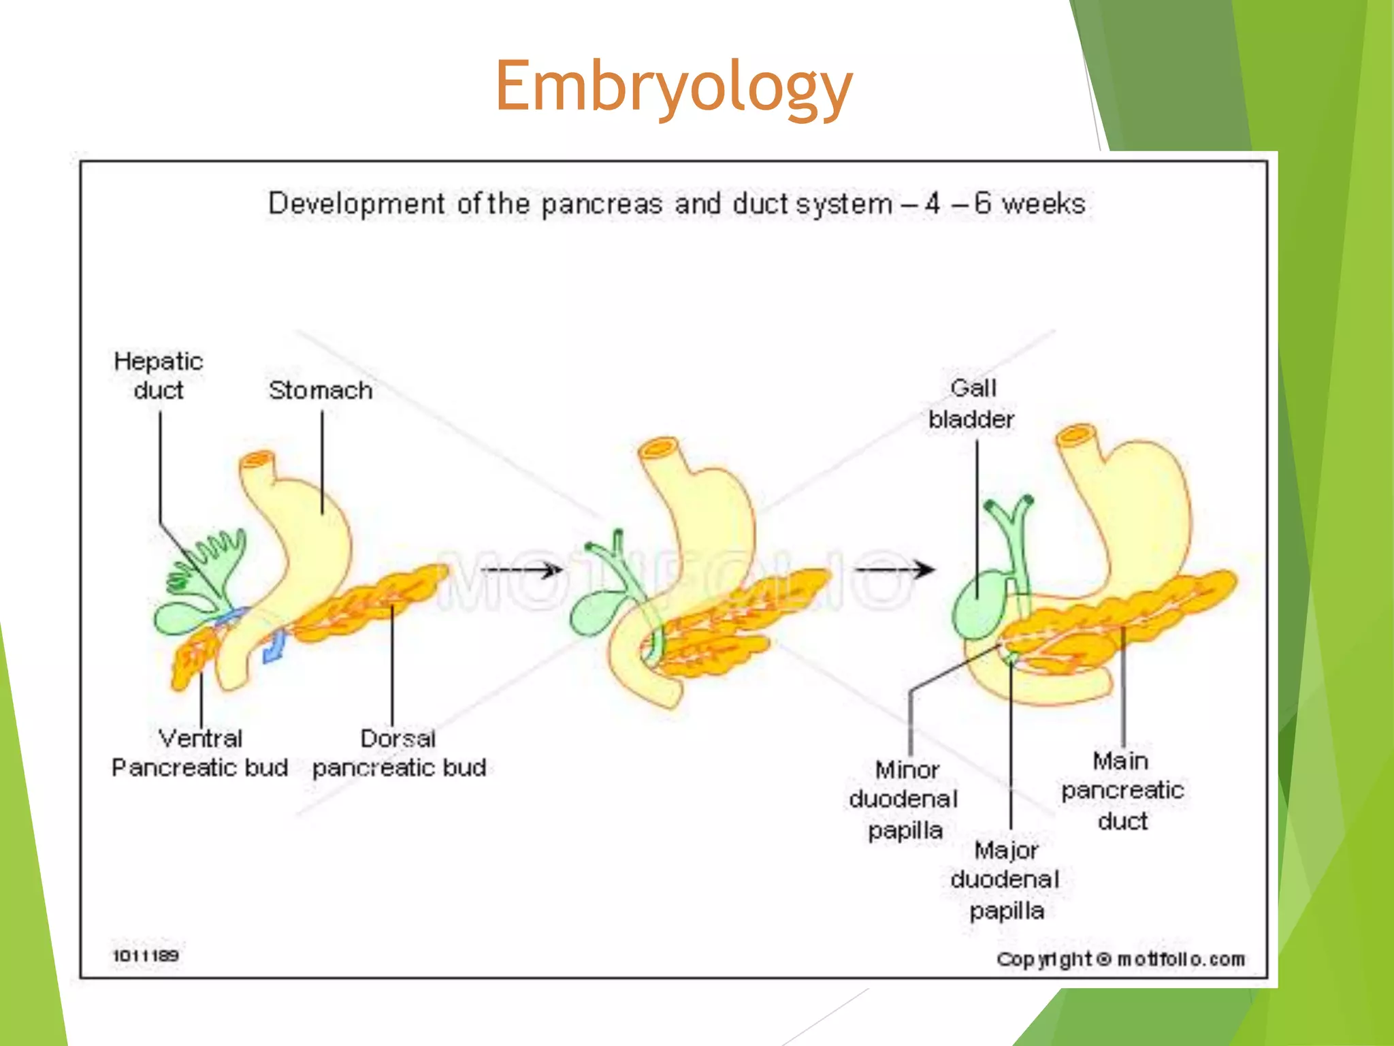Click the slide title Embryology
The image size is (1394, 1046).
point(673,86)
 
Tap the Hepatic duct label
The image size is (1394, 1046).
point(158,375)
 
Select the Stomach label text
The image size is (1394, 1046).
point(320,390)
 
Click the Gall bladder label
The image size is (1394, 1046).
point(971,403)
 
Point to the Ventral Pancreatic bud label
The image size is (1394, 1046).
point(199,753)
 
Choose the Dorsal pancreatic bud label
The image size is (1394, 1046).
point(399,753)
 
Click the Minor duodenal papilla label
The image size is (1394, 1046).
point(904,799)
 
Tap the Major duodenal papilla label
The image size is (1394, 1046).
point(1005,880)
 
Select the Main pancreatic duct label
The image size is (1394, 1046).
point(1122,791)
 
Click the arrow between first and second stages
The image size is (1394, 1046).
point(522,569)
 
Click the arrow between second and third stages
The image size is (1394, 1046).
point(894,569)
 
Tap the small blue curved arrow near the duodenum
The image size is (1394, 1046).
point(274,647)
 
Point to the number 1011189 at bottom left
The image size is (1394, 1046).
point(146,955)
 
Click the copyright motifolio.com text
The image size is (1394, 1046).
point(1120,959)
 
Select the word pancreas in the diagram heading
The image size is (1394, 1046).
point(602,204)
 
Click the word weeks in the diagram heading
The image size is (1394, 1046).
point(1043,204)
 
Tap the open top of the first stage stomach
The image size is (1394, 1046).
point(257,458)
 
